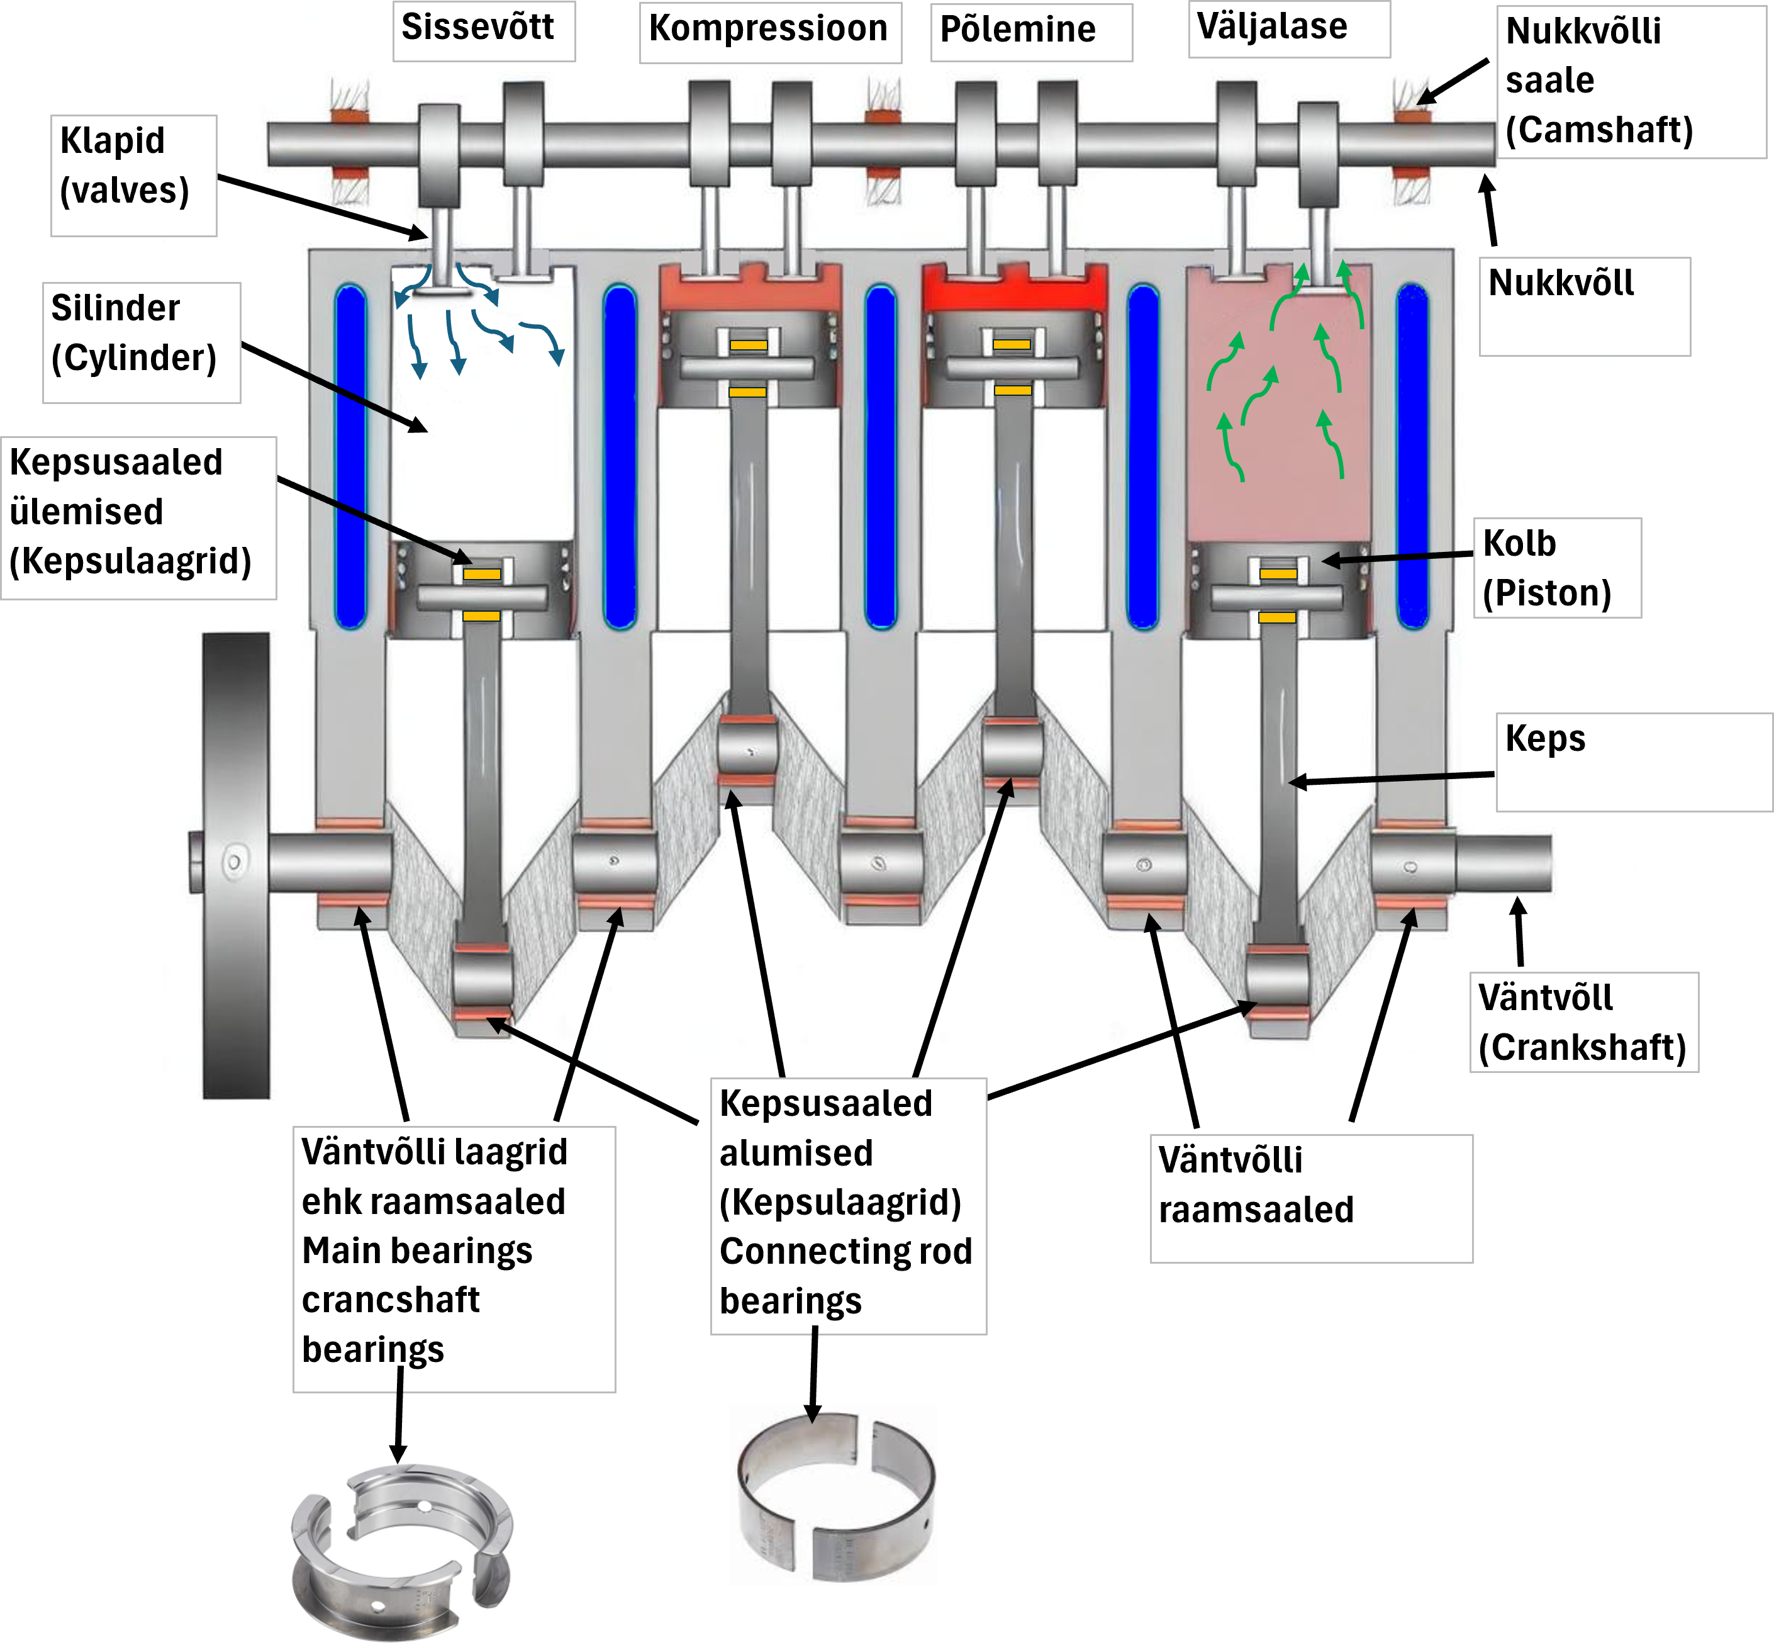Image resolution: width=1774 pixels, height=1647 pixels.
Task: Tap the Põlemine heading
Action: pyautogui.click(x=1017, y=30)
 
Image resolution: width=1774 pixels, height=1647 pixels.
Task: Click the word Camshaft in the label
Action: pyautogui.click(x=1599, y=130)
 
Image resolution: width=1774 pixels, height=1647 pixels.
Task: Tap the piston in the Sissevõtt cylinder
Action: pyautogui.click(x=482, y=590)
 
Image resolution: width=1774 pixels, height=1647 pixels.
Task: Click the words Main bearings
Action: pyautogui.click(x=417, y=1251)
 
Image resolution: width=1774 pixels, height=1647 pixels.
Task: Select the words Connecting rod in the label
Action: pyautogui.click(x=845, y=1251)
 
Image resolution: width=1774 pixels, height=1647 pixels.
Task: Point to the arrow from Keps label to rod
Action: pyautogui.click(x=1392, y=779)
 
